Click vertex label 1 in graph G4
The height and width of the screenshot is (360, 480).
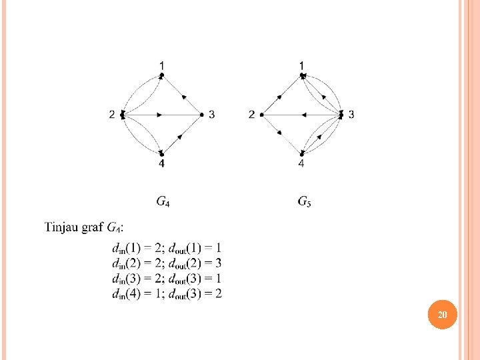click(x=162, y=64)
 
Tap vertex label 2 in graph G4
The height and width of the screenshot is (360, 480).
click(x=112, y=115)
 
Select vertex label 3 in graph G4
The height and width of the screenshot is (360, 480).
click(x=212, y=115)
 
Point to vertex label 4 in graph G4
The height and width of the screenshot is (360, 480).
click(x=162, y=164)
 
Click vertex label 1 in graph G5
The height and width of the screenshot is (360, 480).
click(x=302, y=64)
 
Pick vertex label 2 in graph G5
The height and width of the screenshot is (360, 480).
click(x=251, y=115)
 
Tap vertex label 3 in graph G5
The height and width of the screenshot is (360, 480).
click(x=351, y=115)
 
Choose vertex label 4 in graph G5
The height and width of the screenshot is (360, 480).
click(x=302, y=164)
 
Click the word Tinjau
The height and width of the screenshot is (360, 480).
click(x=63, y=228)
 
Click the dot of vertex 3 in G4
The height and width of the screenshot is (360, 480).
click(x=201, y=115)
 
